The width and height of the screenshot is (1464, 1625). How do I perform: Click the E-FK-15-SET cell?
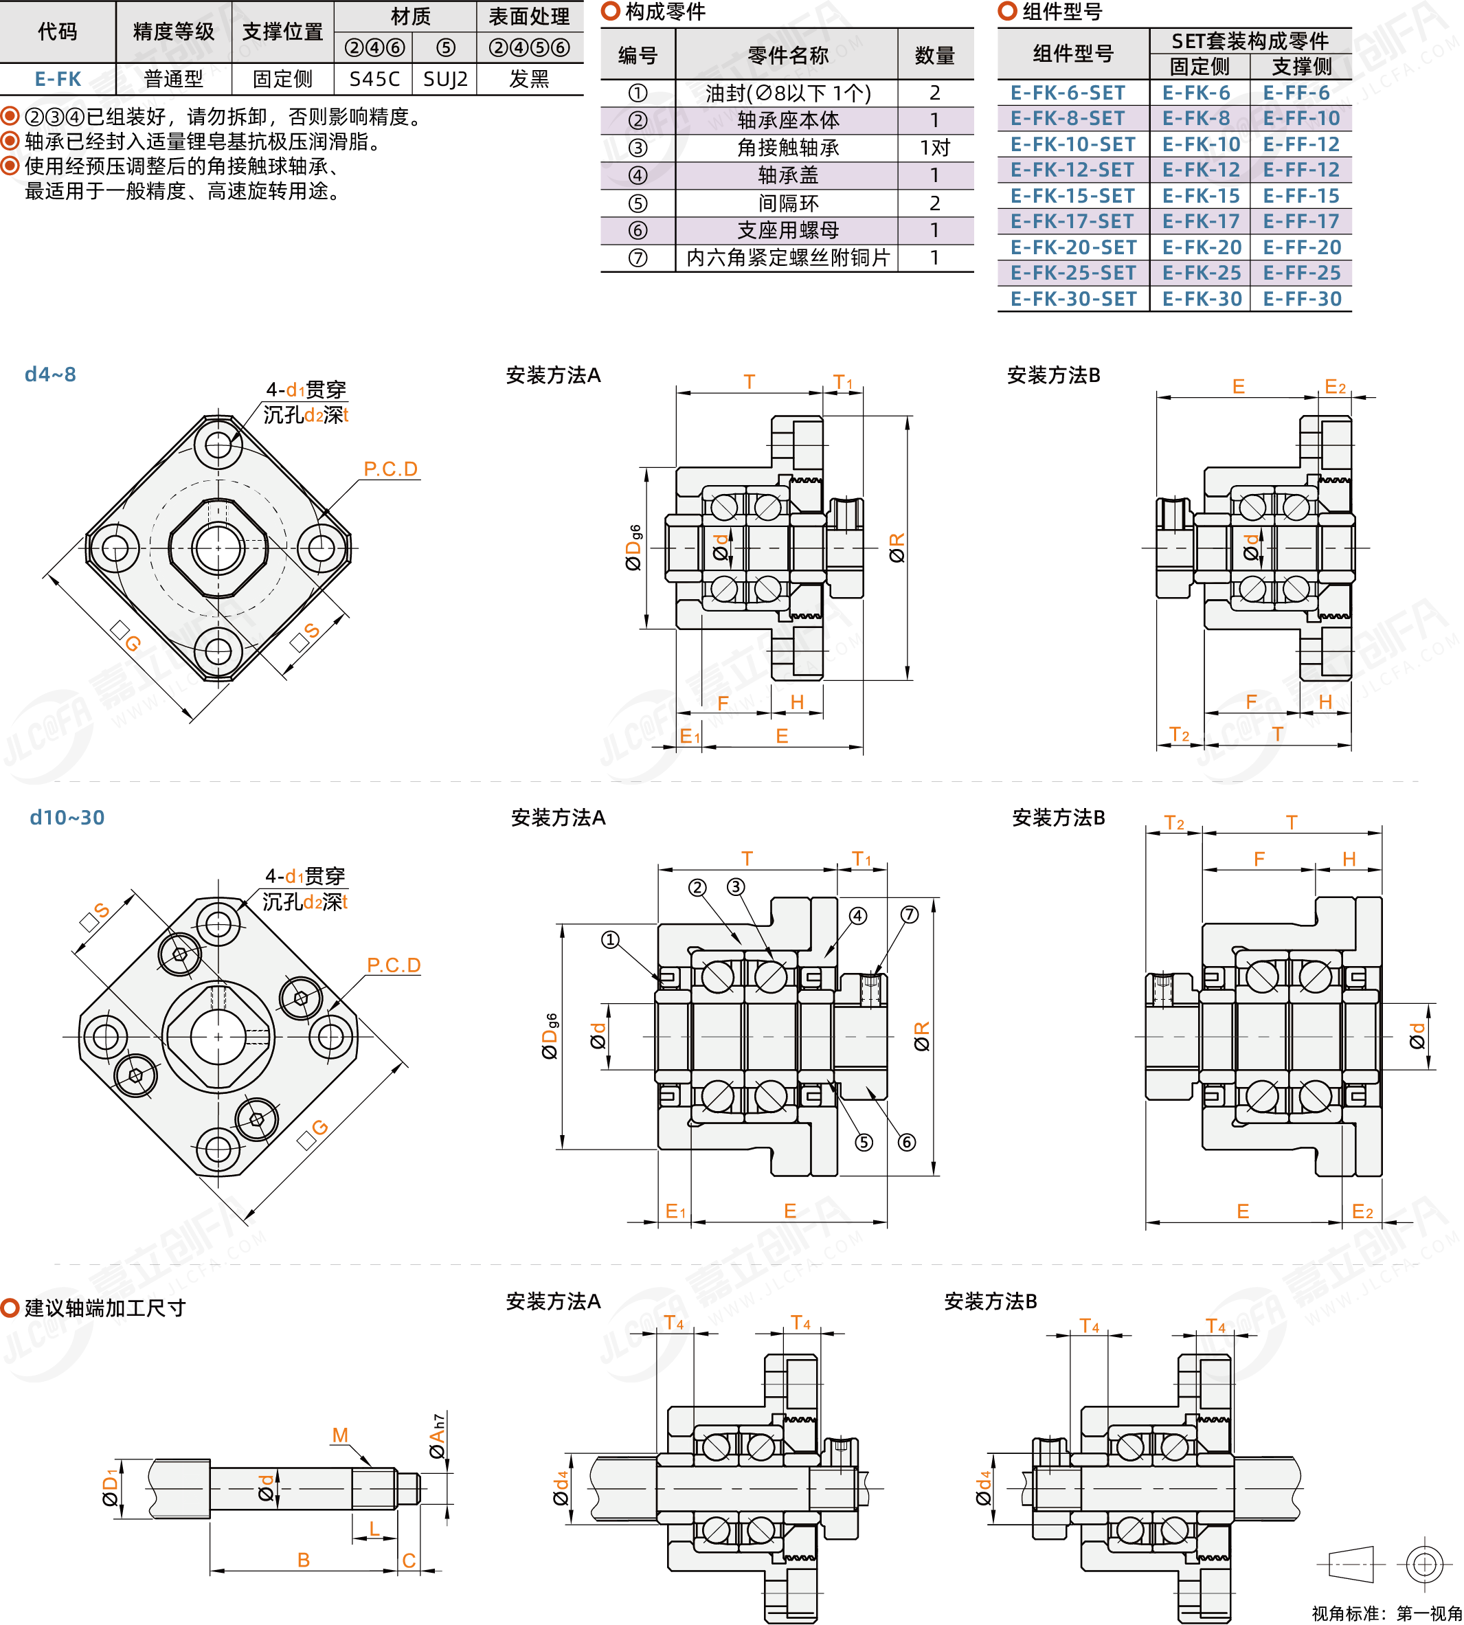pyautogui.click(x=1072, y=196)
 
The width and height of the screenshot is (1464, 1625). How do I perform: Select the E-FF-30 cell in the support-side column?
pyautogui.click(x=1301, y=298)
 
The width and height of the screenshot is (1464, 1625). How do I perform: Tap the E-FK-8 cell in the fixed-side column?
pyautogui.click(x=1196, y=118)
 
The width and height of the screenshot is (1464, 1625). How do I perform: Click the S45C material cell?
pyautogui.click(x=374, y=79)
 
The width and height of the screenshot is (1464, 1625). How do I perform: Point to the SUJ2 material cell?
pyautogui.click(x=444, y=79)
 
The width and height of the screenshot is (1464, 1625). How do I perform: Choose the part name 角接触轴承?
pyautogui.click(x=787, y=148)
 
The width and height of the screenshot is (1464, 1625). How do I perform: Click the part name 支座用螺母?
pyautogui.click(x=787, y=230)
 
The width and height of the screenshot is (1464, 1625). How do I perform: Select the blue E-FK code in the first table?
pyautogui.click(x=58, y=79)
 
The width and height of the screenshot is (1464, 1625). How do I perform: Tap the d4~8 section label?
pyautogui.click(x=50, y=374)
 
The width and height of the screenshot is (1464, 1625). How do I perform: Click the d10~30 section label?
pyautogui.click(x=67, y=818)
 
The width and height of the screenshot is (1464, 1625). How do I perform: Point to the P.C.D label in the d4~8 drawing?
pyautogui.click(x=390, y=469)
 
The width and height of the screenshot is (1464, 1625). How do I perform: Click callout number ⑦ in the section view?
pyautogui.click(x=909, y=915)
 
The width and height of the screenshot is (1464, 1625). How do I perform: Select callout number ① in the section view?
pyautogui.click(x=611, y=939)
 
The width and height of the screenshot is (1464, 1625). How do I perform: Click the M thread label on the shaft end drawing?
pyautogui.click(x=340, y=1435)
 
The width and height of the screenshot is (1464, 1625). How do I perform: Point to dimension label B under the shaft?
pyautogui.click(x=303, y=1560)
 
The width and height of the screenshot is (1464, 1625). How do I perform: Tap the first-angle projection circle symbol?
pyautogui.click(x=1423, y=1565)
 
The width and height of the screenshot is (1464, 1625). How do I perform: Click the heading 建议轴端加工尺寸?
pyautogui.click(x=104, y=1308)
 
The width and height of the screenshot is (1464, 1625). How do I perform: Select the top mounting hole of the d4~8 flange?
pyautogui.click(x=218, y=444)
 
